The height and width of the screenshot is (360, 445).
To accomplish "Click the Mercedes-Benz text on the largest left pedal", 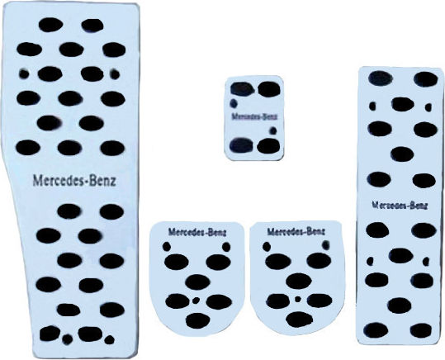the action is [x=74, y=181].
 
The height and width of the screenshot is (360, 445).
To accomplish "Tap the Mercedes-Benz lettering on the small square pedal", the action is [x=254, y=116].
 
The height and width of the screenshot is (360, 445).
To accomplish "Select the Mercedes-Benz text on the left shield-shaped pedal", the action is [x=197, y=232].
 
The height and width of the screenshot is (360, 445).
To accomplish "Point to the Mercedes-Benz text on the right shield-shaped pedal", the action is [x=296, y=231].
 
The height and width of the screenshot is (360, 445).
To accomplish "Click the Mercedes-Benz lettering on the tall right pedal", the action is [x=400, y=205].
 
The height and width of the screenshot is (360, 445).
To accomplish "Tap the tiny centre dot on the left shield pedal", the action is [x=196, y=300].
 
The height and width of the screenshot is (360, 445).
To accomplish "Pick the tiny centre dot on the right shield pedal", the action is [x=298, y=299].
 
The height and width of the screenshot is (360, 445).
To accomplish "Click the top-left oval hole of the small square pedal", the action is [x=242, y=88].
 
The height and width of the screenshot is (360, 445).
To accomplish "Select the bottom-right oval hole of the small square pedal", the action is [x=268, y=146].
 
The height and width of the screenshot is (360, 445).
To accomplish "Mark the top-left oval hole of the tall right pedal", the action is [x=381, y=78].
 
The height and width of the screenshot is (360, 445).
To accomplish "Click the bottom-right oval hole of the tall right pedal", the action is [x=421, y=330].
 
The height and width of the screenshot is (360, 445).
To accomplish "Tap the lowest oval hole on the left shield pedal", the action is [x=198, y=321].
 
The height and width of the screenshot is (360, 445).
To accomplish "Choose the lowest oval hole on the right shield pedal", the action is [x=300, y=319].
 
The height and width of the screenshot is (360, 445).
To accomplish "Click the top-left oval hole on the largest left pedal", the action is [x=51, y=24].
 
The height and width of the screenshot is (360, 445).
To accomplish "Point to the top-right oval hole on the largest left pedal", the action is [x=92, y=25].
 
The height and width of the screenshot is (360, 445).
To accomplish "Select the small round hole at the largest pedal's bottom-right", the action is [x=110, y=339].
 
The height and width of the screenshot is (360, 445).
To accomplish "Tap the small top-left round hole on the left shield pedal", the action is [x=167, y=246].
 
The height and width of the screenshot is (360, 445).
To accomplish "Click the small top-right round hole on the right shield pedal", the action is [x=326, y=244].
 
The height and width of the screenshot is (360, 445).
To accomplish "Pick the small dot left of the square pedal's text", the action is [x=234, y=103].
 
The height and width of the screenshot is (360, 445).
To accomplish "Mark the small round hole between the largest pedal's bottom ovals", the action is [x=67, y=339].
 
